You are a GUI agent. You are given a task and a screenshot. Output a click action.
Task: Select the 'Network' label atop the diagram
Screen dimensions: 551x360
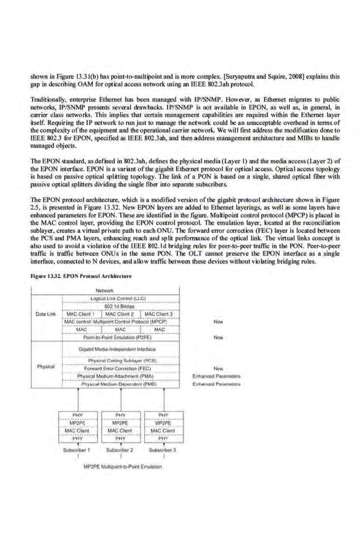[x=105, y=290]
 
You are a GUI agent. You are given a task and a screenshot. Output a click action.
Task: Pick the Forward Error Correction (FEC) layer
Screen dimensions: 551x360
[x=117, y=368]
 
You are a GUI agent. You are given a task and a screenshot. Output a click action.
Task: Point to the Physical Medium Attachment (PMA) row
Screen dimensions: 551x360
[x=116, y=375]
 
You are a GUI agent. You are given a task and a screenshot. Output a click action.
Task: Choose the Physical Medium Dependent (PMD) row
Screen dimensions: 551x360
[x=117, y=383]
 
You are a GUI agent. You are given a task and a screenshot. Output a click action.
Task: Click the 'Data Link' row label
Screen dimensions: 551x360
[x=45, y=313]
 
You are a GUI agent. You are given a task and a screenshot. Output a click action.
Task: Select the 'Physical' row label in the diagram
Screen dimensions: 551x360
[x=45, y=366]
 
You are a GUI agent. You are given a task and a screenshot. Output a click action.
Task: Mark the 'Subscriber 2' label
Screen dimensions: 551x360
[x=119, y=450]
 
